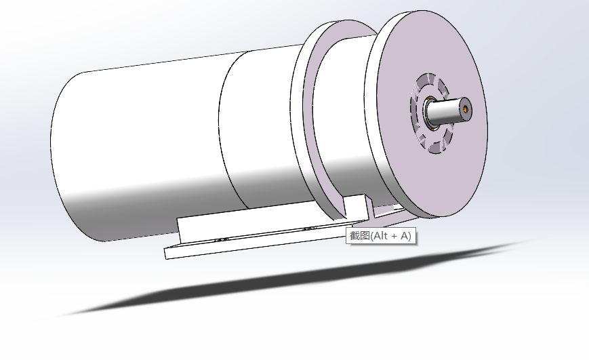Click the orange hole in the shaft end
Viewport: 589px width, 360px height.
pos(466,109)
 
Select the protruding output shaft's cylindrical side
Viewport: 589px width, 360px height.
pos(445,112)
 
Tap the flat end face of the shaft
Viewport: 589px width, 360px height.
pos(466,109)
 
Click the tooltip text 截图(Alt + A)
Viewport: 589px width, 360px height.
pos(380,236)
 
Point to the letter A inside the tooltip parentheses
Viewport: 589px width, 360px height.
pos(405,236)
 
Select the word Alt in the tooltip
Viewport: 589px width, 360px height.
pos(380,236)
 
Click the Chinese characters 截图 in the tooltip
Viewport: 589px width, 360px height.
pos(360,236)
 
